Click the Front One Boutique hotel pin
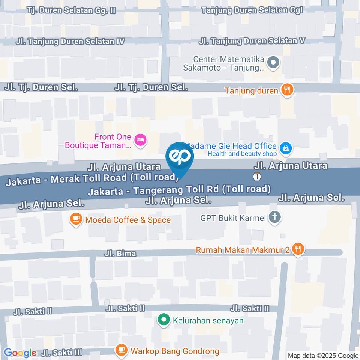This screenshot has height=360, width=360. click(141, 140)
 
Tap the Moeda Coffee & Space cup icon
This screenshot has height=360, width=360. click(76, 219)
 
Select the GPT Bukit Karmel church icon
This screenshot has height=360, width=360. click(275, 217)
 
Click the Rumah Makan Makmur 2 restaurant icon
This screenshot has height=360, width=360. click(298, 249)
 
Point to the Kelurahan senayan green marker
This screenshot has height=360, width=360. click(163, 320)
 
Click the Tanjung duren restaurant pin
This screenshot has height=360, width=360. click(288, 90)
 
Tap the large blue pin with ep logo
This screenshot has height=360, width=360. click(180, 157)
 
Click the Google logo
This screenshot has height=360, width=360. click(20, 353)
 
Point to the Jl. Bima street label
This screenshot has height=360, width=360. click(120, 254)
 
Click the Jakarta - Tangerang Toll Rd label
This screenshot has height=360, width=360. click(179, 190)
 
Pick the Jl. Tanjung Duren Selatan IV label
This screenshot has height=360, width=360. click(70, 42)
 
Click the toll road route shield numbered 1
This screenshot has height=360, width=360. click(256, 176)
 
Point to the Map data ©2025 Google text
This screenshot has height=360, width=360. click(323, 355)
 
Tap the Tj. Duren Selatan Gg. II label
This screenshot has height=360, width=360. click(71, 10)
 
